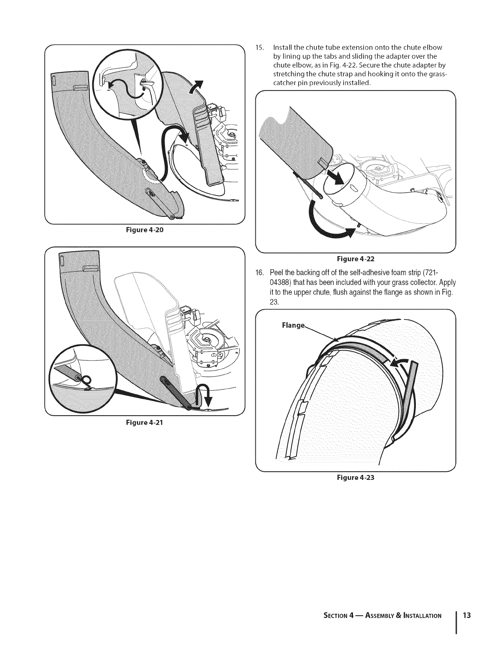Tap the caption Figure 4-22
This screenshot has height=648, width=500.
point(355,259)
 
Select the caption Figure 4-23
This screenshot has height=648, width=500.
point(355,477)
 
